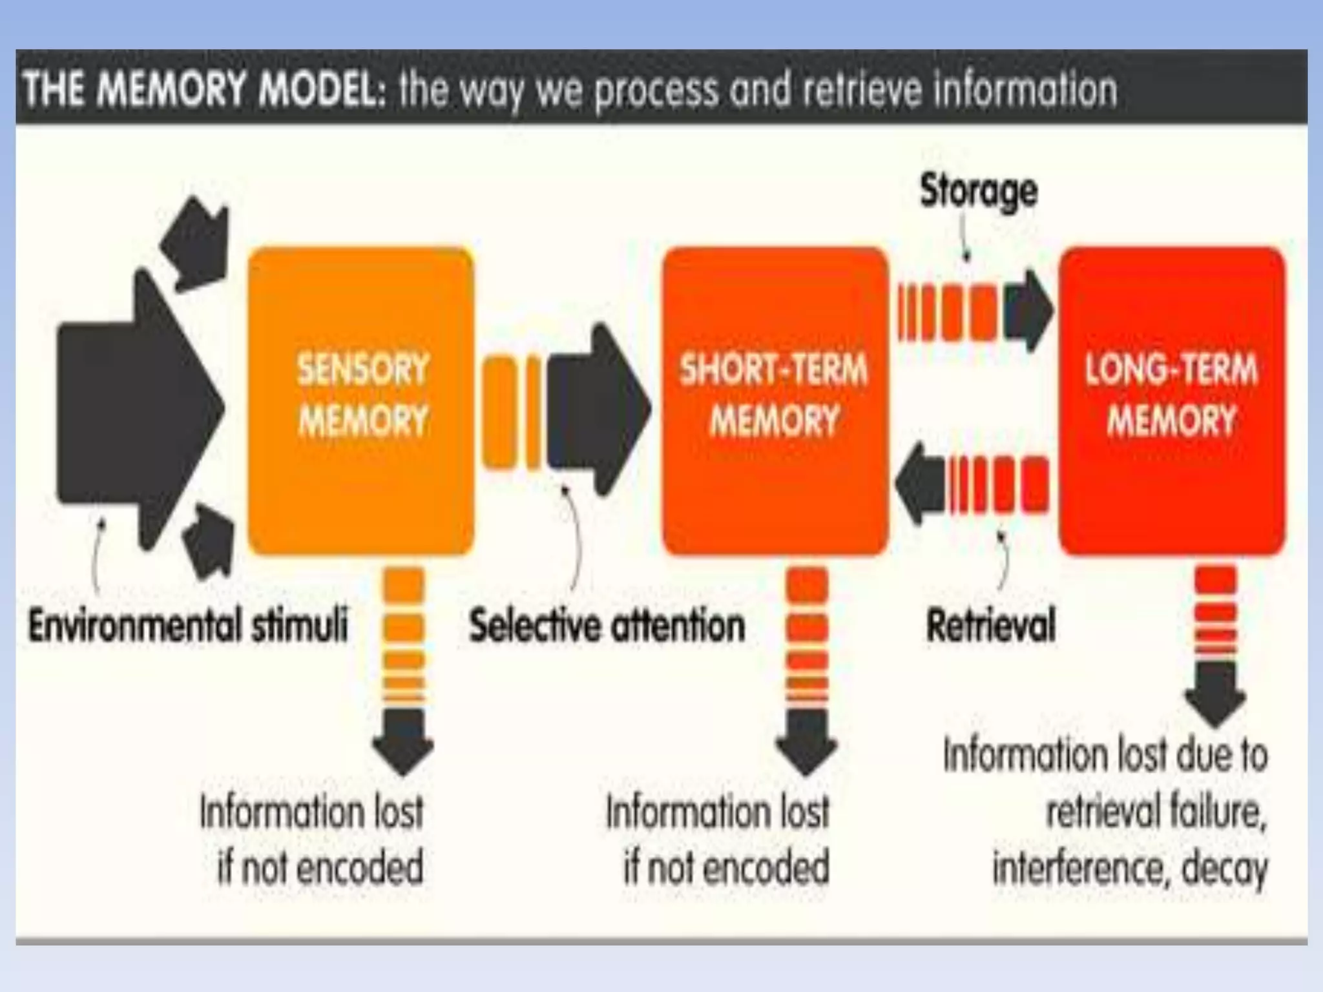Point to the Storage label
click(x=978, y=192)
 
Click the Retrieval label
click(x=990, y=626)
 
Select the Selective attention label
click(x=607, y=626)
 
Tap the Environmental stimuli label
click(x=188, y=626)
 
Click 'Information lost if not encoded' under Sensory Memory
click(x=312, y=839)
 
